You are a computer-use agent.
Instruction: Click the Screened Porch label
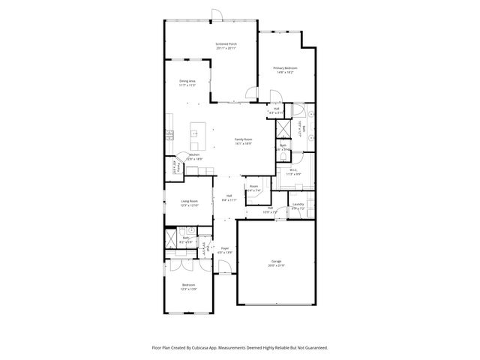click(x=226, y=44)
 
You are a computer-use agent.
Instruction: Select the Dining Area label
click(x=187, y=81)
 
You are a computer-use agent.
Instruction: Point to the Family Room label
click(x=243, y=139)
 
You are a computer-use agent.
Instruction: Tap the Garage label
click(x=277, y=262)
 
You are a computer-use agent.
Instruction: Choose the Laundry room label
click(x=298, y=204)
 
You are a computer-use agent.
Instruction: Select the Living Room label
click(x=188, y=201)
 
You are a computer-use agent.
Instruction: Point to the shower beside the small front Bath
click(x=171, y=240)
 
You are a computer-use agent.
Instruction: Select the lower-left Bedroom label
click(x=188, y=286)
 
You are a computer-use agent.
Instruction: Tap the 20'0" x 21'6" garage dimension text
click(x=277, y=267)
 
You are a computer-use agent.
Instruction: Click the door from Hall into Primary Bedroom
click(x=274, y=96)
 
